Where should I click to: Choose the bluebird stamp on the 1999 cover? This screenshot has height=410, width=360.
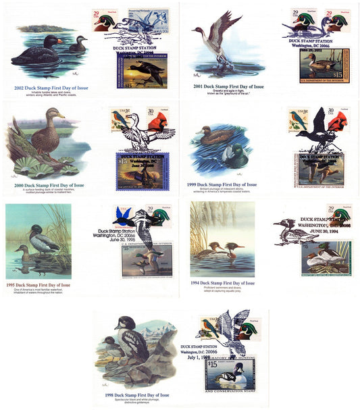click(x=298, y=120)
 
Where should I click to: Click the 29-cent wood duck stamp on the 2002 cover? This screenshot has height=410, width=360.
click(x=103, y=22)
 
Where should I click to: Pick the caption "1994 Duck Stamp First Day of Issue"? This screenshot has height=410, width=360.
click(x=223, y=283)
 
